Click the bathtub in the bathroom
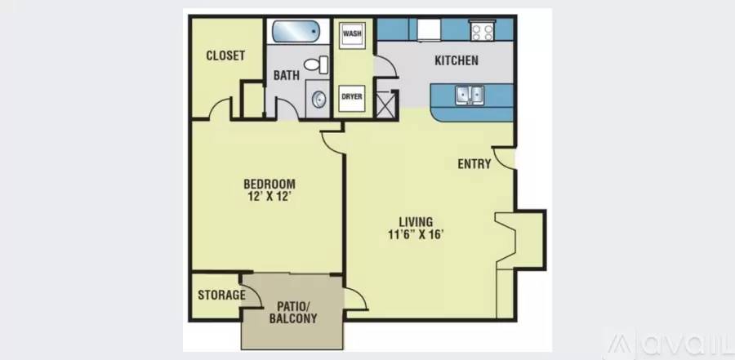pyautogui.click(x=296, y=31)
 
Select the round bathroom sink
pyautogui.click(x=318, y=100)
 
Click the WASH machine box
pyautogui.click(x=352, y=33)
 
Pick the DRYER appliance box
pyautogui.click(x=351, y=97)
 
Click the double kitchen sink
pyautogui.click(x=470, y=96)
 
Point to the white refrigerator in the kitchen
pyautogui.click(x=429, y=30)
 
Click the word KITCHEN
pyautogui.click(x=457, y=60)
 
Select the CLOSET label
pyautogui.click(x=225, y=56)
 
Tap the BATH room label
pyautogui.click(x=287, y=75)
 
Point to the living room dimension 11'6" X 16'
pyautogui.click(x=416, y=234)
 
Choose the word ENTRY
pyautogui.click(x=474, y=163)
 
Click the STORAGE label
pyautogui.click(x=221, y=295)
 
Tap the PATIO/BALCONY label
pyautogui.click(x=293, y=313)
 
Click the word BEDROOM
pyautogui.click(x=269, y=184)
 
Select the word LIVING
pyautogui.click(x=416, y=222)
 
